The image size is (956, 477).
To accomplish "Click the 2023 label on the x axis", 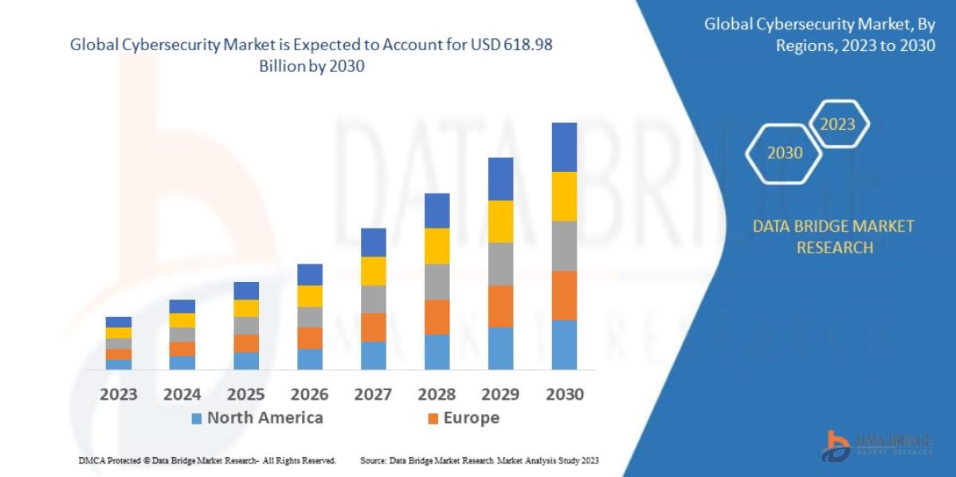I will click(118, 394).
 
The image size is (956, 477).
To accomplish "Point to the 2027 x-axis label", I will click(373, 394).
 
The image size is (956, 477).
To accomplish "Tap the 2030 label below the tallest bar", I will click(564, 394).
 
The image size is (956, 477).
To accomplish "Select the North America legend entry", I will click(257, 418).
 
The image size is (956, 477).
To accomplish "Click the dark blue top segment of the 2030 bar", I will click(564, 147).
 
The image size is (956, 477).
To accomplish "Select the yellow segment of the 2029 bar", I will click(500, 221).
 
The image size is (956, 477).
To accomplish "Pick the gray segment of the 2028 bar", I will click(437, 281).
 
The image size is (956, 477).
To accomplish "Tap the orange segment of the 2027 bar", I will click(373, 327).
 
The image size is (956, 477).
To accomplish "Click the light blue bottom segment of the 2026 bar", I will click(309, 359).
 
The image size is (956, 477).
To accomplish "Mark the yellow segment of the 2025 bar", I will click(245, 308).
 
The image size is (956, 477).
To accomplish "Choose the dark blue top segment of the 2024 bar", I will click(182, 307).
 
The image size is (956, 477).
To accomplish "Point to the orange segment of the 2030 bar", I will click(564, 295).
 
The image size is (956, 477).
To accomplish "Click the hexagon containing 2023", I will click(838, 124).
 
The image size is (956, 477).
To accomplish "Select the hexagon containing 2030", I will click(784, 153).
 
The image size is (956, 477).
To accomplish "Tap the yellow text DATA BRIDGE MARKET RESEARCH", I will click(833, 237).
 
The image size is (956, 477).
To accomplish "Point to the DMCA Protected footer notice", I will click(207, 461).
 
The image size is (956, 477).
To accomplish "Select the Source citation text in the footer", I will click(479, 461).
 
